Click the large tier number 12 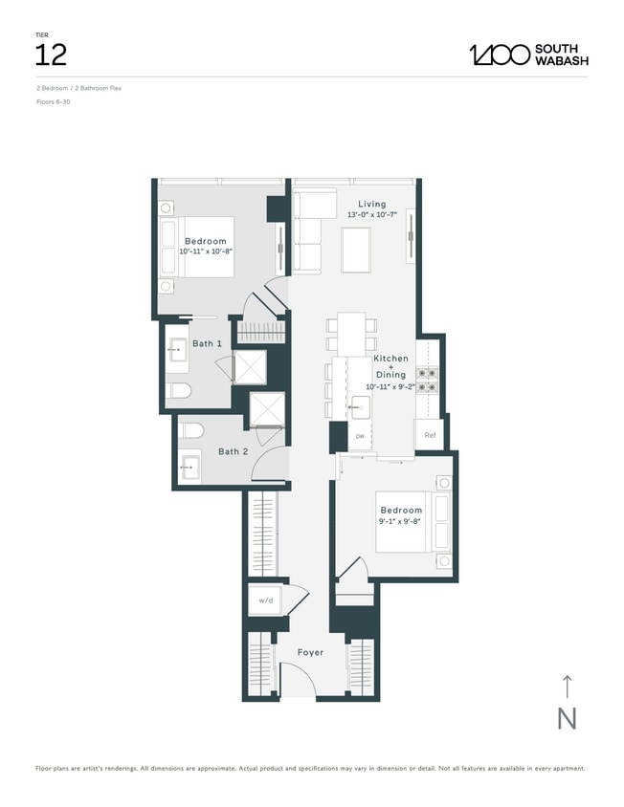51,55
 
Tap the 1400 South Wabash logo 528,55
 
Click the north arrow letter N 567,718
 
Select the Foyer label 310,653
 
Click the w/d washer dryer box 264,601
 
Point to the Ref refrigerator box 430,435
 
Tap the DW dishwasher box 360,436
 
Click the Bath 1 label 207,343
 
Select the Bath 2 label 233,451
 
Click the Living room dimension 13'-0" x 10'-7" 372,216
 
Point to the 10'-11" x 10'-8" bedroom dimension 206,251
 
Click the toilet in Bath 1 180,389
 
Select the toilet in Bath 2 190,429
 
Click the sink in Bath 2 190,468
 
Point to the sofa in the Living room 308,231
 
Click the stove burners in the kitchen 429,381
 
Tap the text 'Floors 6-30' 53,101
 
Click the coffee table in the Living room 356,248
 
